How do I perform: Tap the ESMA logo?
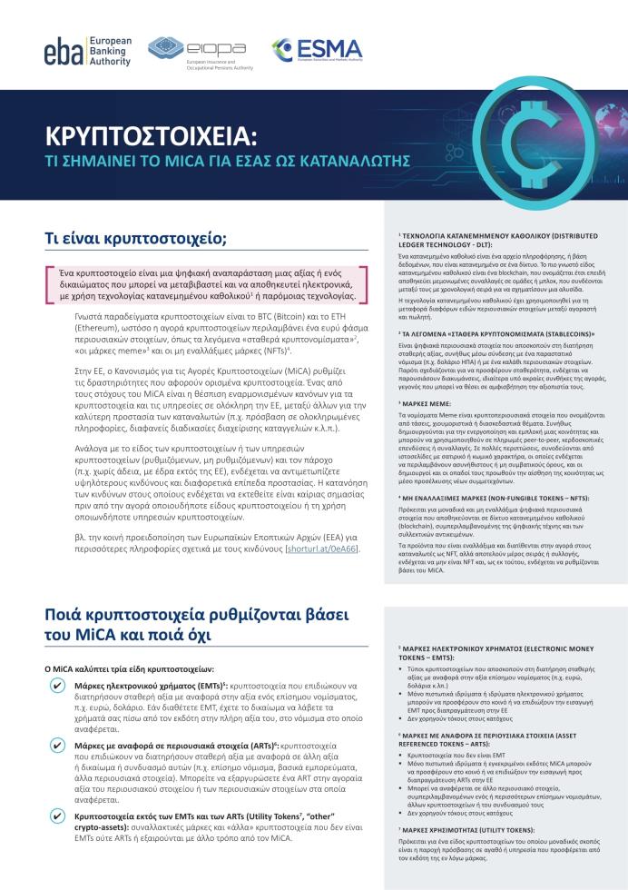click(318, 50)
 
